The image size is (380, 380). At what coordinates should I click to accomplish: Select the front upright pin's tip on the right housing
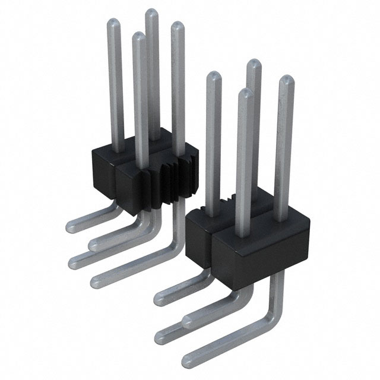click(x=242, y=92)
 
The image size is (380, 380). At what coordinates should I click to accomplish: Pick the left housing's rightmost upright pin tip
click(x=176, y=26)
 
